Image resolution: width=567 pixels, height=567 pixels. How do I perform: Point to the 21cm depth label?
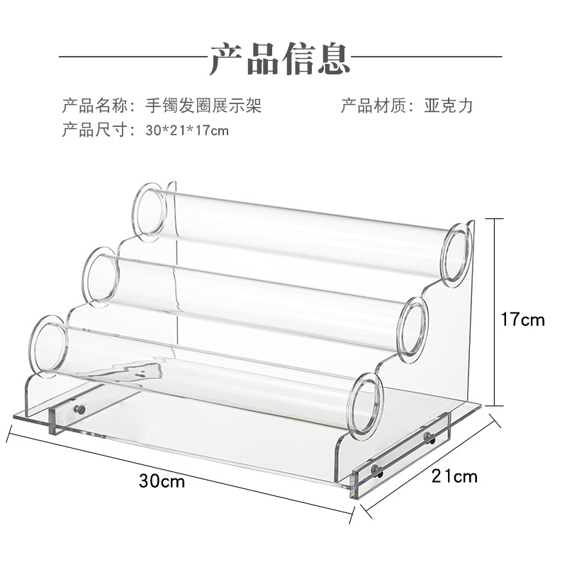[454, 476]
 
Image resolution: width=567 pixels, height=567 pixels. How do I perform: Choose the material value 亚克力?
[448, 106]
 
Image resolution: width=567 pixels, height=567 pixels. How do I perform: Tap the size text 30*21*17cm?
[187, 130]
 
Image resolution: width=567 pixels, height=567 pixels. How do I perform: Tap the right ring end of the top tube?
[458, 252]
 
